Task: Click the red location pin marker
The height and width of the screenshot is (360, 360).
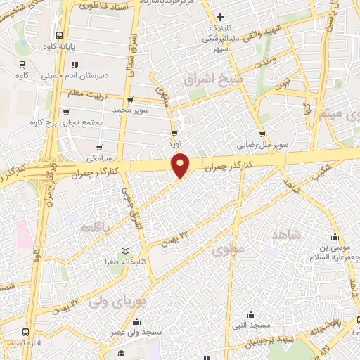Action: click(x=181, y=166)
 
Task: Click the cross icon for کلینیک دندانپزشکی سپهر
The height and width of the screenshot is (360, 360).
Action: click(x=221, y=17)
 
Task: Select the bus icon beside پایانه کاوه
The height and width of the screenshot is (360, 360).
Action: click(x=60, y=35)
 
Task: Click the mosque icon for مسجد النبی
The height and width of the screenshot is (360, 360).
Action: click(x=251, y=314)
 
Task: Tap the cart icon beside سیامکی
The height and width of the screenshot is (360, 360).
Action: click(x=99, y=148)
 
